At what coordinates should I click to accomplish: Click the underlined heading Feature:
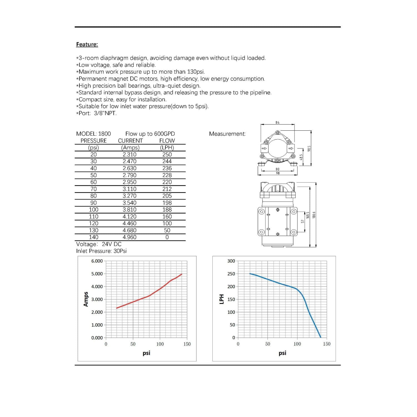87,44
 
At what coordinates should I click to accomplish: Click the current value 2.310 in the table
130,155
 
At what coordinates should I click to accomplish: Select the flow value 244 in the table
167,161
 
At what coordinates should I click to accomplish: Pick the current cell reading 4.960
130,237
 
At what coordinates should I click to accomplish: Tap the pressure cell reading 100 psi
93,210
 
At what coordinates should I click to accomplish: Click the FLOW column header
167,141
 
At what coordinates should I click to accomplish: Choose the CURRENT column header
130,141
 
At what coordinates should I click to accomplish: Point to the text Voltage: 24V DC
99,244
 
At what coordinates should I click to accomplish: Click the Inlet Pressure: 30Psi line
101,251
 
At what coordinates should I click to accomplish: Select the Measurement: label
227,134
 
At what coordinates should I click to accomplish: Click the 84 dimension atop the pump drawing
277,122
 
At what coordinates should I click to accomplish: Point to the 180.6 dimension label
314,215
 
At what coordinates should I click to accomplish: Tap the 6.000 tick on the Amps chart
97,261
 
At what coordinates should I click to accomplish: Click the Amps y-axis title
86,299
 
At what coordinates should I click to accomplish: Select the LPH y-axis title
222,299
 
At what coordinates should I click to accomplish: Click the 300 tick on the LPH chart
231,261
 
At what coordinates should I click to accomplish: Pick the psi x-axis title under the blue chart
282,353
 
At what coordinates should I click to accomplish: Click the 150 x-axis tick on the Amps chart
187,344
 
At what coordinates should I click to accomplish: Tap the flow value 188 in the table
167,210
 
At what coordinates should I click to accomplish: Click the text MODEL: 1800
93,134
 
